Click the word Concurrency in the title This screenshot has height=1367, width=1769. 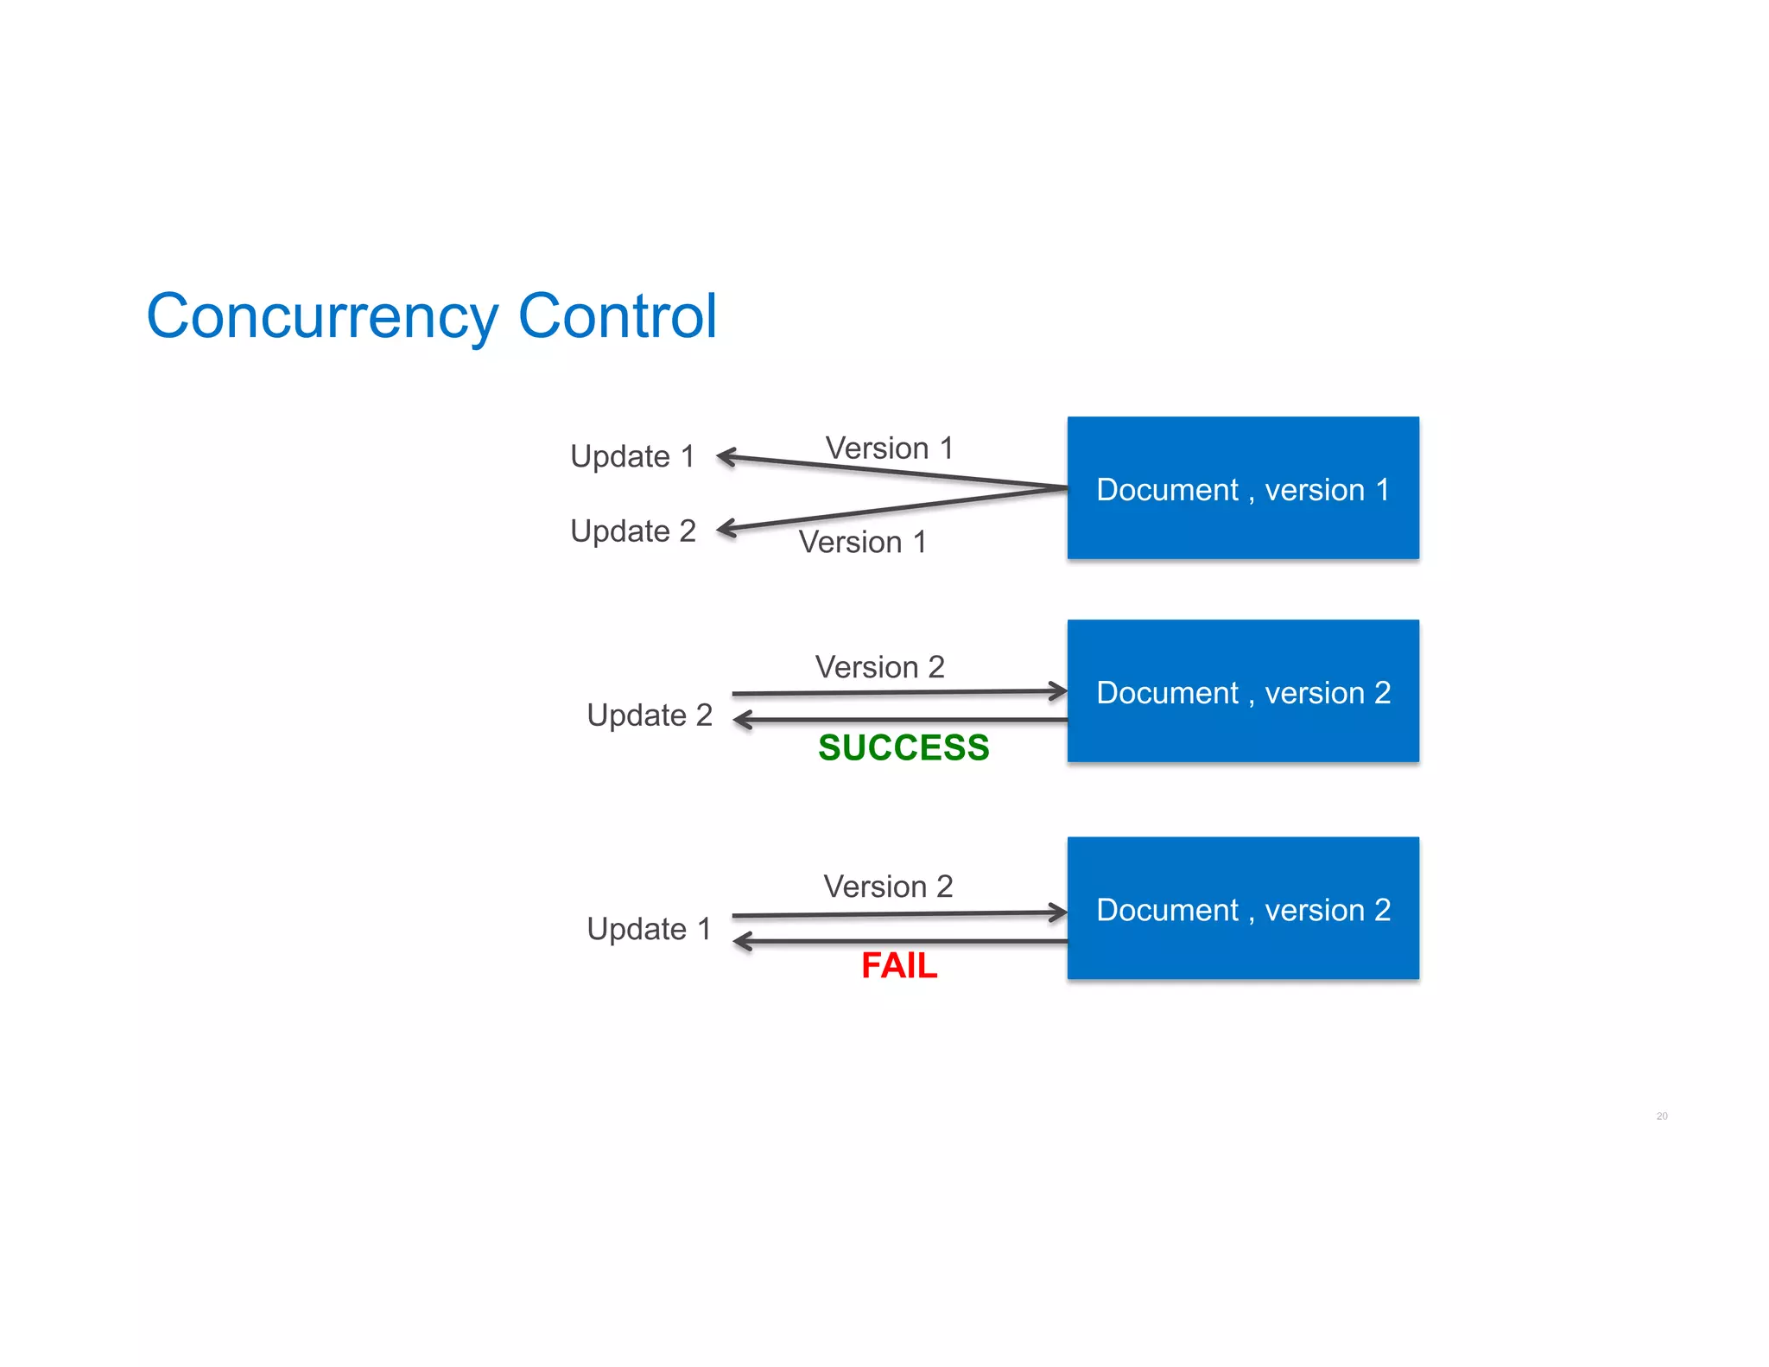pyautogui.click(x=322, y=317)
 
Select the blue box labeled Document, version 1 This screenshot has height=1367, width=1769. pyautogui.click(x=1242, y=488)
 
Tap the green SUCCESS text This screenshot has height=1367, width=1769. pyautogui.click(x=904, y=747)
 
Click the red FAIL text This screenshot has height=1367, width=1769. pyautogui.click(x=899, y=965)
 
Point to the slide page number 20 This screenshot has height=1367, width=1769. pyautogui.click(x=1661, y=1116)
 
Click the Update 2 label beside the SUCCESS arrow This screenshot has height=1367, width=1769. pyautogui.click(x=650, y=715)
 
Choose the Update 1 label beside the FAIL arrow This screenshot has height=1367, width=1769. pyautogui.click(x=649, y=929)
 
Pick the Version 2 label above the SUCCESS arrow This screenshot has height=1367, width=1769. pyautogui.click(x=879, y=667)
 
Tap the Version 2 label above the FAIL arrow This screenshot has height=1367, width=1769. pyautogui.click(x=888, y=887)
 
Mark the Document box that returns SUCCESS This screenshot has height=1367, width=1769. pyautogui.click(x=1242, y=691)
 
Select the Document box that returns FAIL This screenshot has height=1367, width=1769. pyautogui.click(x=1242, y=908)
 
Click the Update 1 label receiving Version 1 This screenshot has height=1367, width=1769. pyautogui.click(x=632, y=456)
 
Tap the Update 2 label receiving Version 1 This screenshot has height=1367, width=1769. pyautogui.click(x=633, y=531)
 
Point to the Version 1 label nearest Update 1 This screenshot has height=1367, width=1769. pyautogui.click(x=889, y=448)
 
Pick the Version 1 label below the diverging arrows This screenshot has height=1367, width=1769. pyautogui.click(x=862, y=543)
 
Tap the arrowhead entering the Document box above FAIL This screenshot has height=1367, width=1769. pyautogui.click(x=1058, y=912)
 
